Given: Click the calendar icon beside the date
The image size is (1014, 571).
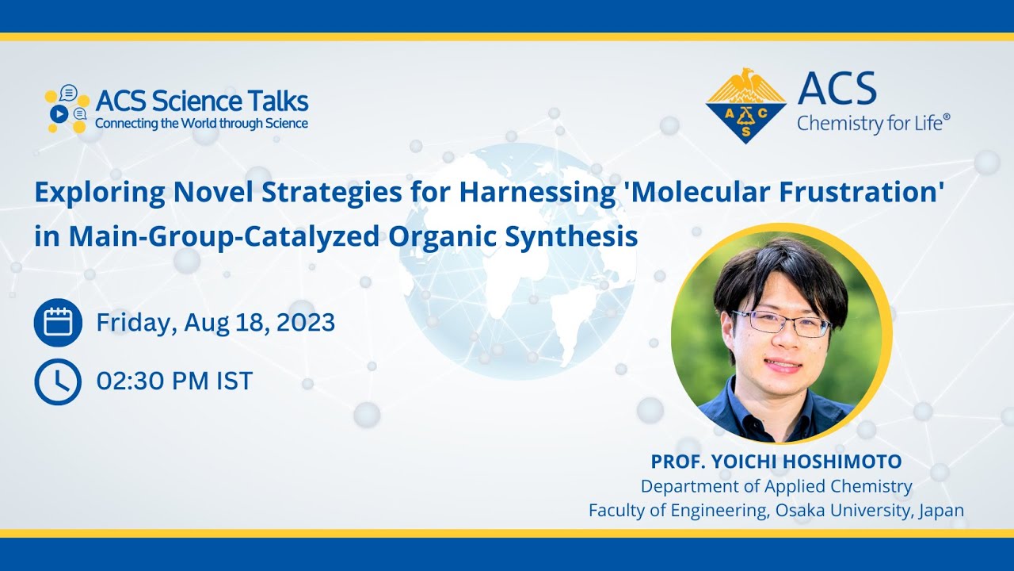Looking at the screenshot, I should click(58, 323).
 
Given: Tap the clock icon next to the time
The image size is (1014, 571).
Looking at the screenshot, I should click(58, 381).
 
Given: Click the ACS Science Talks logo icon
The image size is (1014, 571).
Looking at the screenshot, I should click(67, 109).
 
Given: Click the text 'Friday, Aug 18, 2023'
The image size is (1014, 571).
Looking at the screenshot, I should click(215, 323).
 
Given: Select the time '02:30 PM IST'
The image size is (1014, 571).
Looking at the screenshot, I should click(174, 381).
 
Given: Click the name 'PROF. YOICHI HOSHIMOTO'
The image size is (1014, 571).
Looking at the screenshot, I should click(776, 462).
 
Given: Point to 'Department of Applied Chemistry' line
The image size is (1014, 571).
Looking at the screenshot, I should click(776, 486).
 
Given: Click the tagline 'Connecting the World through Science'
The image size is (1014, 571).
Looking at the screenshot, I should click(201, 124).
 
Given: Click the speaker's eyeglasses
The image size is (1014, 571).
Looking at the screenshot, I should click(781, 324).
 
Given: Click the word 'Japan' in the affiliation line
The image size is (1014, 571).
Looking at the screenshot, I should click(941, 511).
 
